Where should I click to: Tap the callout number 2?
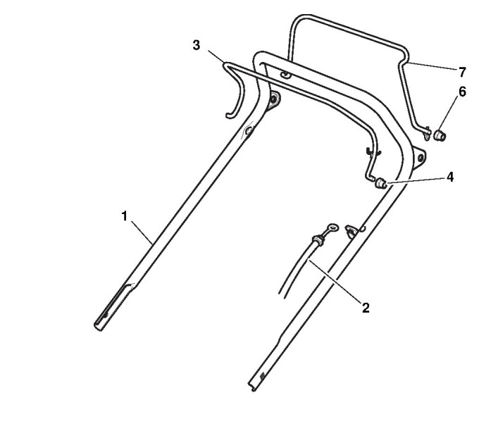tap(366, 307)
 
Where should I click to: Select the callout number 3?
tap(197, 45)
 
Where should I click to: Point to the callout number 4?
tap(449, 177)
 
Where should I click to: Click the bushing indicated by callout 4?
tap(381, 183)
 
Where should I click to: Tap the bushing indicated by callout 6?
tap(441, 134)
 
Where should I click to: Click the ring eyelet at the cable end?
tap(330, 227)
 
